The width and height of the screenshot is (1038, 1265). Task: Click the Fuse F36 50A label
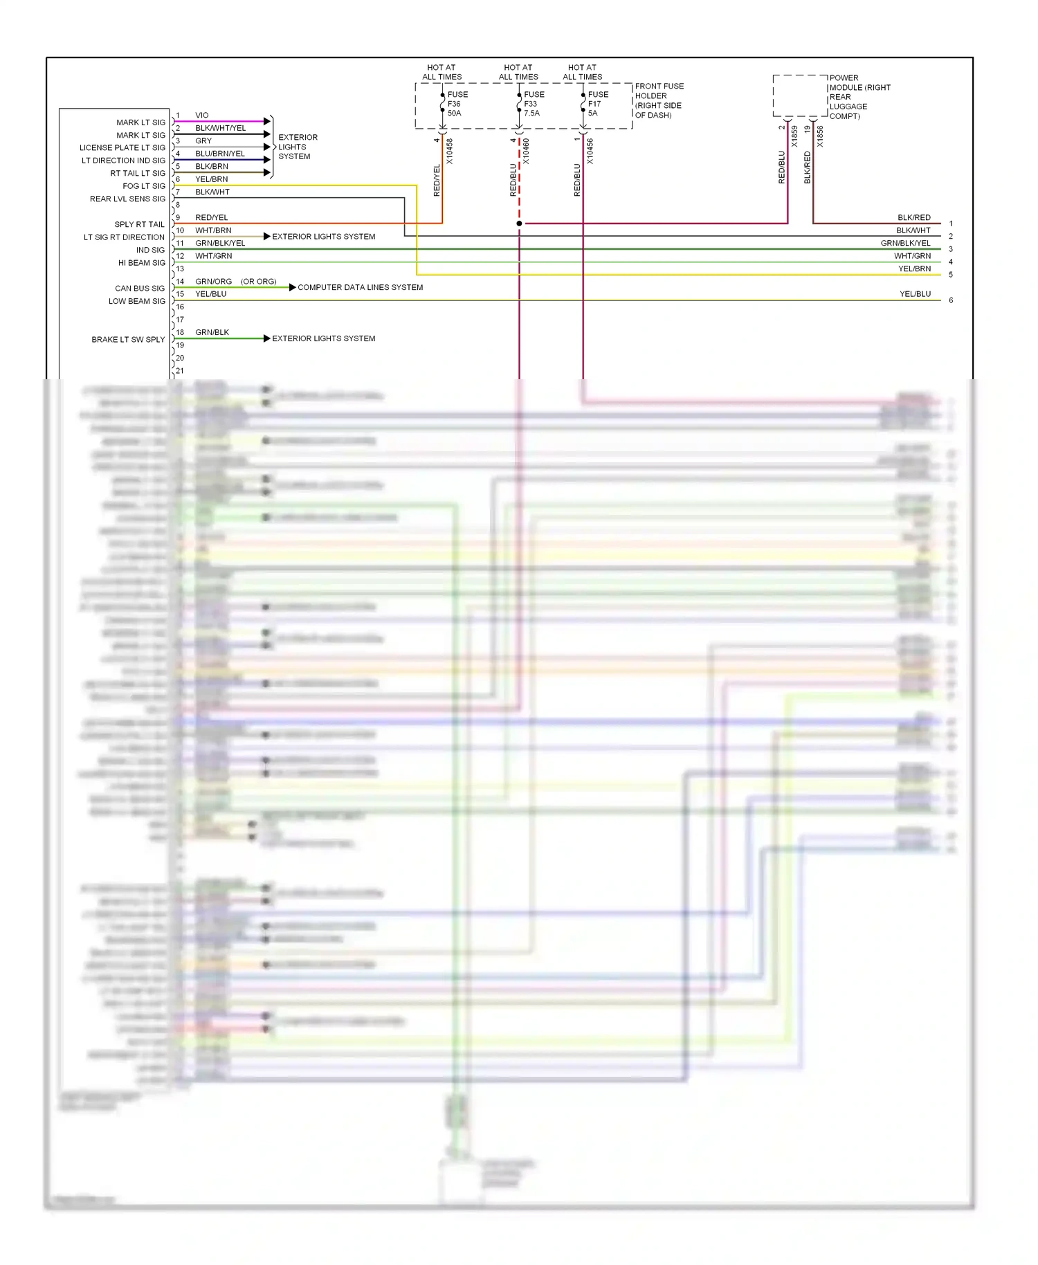(457, 104)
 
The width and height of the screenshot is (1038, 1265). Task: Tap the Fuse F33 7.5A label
(534, 104)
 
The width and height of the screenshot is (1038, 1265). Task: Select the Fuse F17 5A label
(598, 104)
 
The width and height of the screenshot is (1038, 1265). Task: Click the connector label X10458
(450, 151)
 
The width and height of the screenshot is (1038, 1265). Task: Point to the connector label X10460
(527, 151)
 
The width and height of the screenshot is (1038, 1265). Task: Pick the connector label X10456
(590, 151)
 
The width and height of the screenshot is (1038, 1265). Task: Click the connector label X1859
(794, 136)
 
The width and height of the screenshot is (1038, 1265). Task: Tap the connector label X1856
(820, 136)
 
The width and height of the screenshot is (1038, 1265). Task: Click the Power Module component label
(859, 97)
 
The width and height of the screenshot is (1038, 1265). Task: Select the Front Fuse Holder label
(659, 100)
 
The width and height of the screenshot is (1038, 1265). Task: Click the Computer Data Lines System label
(360, 287)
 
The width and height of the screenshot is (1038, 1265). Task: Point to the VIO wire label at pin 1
(201, 116)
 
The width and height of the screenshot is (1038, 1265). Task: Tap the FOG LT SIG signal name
(144, 186)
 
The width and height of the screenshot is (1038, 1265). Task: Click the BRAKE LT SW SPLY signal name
(128, 340)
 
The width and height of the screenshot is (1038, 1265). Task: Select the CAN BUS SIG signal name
(140, 289)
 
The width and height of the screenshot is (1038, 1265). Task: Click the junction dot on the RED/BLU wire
(519, 224)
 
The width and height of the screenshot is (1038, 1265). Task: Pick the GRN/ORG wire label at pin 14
(213, 282)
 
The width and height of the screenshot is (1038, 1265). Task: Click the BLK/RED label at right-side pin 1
(913, 217)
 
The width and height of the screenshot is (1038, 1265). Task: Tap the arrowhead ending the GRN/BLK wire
(267, 338)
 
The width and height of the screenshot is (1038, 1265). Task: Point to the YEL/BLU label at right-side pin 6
(915, 294)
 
